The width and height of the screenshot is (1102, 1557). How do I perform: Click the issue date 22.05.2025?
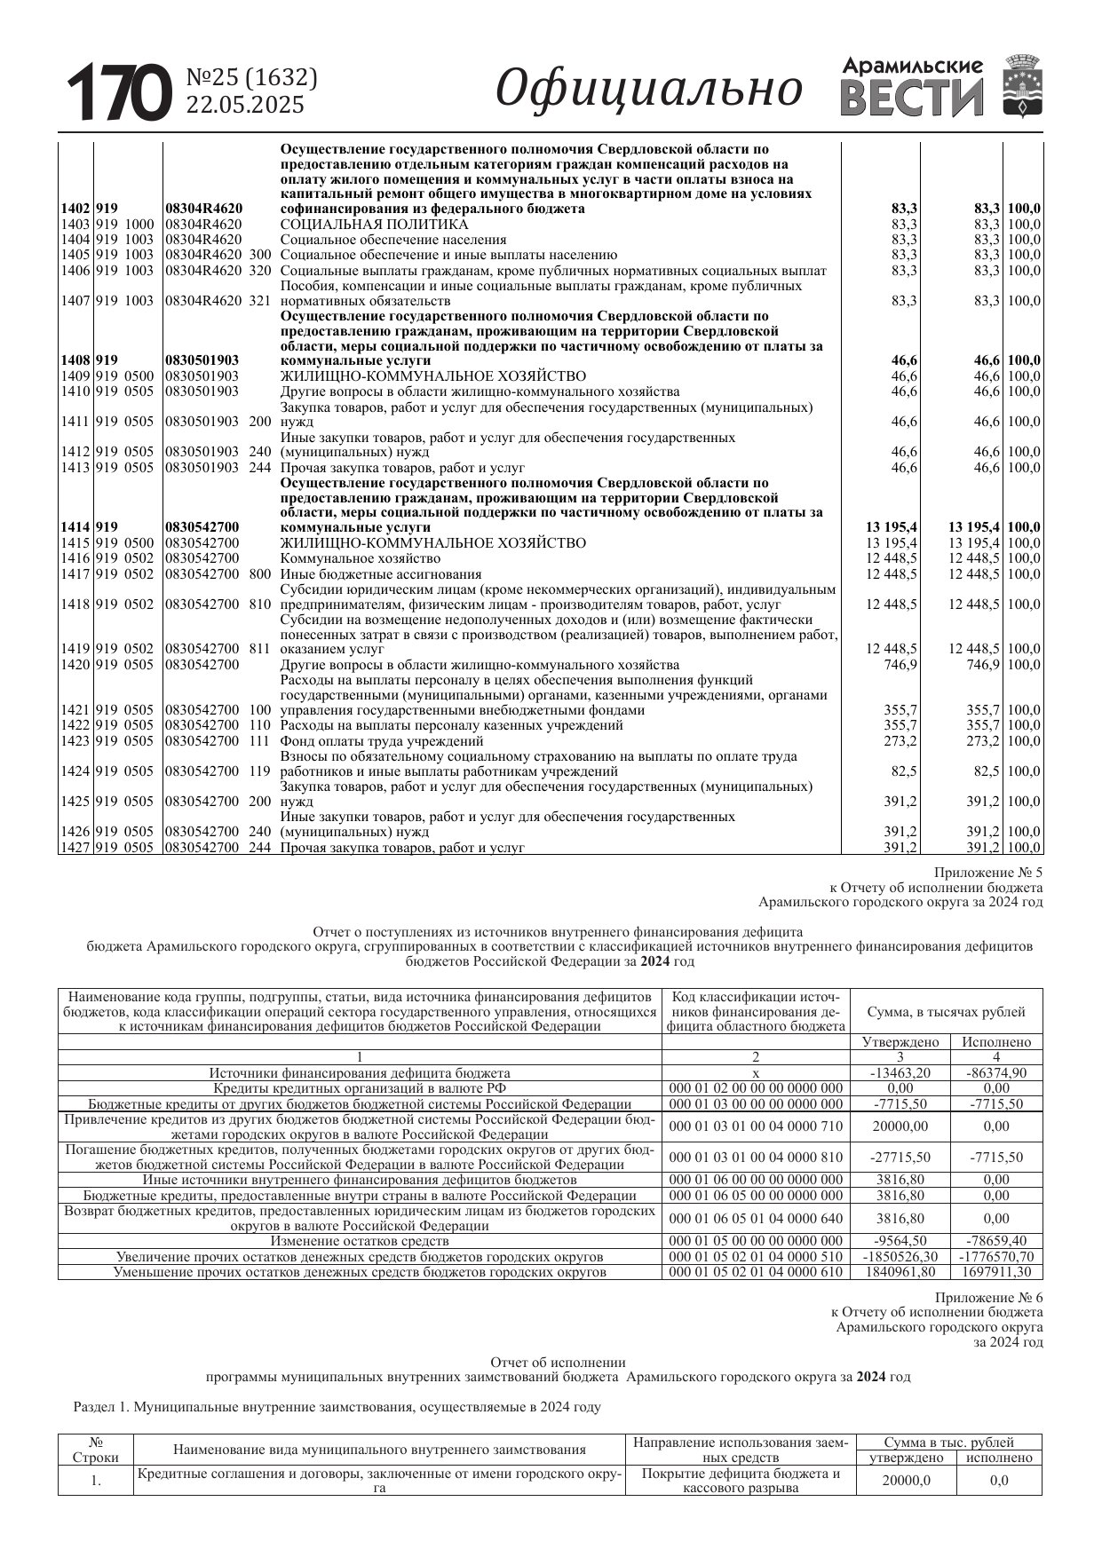(244, 105)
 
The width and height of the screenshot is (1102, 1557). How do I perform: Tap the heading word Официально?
(649, 89)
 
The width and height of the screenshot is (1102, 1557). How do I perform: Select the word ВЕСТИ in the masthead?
(912, 99)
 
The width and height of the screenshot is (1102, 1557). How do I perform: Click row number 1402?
(75, 209)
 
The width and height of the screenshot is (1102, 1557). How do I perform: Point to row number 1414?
(75, 527)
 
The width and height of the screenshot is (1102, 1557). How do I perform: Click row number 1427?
(75, 848)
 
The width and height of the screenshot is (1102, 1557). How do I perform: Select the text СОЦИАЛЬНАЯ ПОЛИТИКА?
(374, 225)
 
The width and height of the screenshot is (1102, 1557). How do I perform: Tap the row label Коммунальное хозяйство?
(360, 558)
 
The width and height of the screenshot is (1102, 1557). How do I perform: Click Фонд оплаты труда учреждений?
(382, 741)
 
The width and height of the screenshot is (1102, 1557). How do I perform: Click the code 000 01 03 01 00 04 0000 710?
(756, 1126)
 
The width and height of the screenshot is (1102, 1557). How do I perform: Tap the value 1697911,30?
(996, 1272)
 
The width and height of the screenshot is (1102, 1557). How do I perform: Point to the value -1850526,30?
(900, 1257)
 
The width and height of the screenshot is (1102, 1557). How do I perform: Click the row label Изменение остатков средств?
(360, 1241)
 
